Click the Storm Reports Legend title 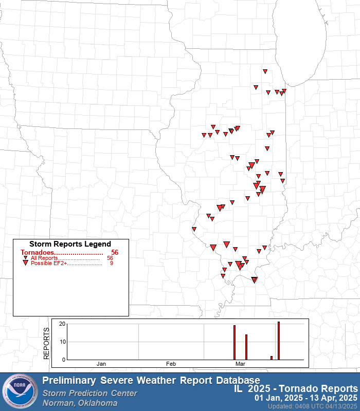[70, 244]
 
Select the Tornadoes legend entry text [61, 252]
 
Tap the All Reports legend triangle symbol [25, 258]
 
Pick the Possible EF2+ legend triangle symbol [25, 263]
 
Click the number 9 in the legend [112, 263]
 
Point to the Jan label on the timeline [101, 364]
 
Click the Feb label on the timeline [171, 364]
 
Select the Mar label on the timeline [240, 364]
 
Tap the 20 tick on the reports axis [62, 324]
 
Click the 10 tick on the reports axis [62, 342]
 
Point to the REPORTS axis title [46, 342]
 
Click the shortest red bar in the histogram [272, 358]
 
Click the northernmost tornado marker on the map [265, 71]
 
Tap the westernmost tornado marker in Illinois [194, 229]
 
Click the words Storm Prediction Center [90, 393]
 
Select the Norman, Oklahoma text [80, 403]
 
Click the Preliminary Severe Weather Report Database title [151, 381]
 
